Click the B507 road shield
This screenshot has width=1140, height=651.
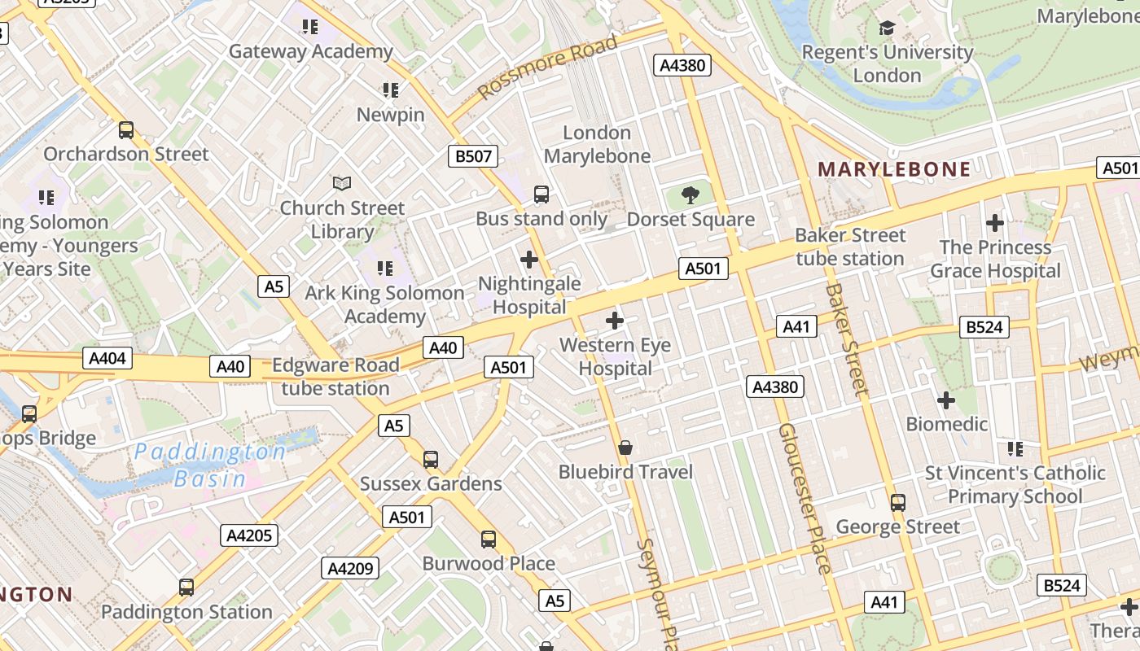click(x=473, y=156)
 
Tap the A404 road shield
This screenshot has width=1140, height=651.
click(x=107, y=358)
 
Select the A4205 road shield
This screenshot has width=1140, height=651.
click(x=249, y=535)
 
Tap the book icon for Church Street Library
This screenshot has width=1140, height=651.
click(x=342, y=184)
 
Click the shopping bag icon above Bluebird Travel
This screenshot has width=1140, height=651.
click(x=625, y=448)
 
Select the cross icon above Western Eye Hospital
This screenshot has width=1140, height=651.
click(x=615, y=321)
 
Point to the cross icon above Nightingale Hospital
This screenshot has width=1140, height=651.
click(x=529, y=260)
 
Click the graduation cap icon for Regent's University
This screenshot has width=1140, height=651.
click(x=887, y=28)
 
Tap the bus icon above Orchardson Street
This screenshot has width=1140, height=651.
click(x=126, y=130)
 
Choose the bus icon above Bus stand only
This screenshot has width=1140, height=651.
click(x=541, y=194)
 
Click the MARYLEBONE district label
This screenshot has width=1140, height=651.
click(x=894, y=169)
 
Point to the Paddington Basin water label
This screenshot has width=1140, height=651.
click(x=210, y=465)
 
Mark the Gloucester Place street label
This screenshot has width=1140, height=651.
click(x=804, y=498)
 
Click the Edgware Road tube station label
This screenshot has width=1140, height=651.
click(x=335, y=377)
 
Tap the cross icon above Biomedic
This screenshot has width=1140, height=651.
click(x=945, y=400)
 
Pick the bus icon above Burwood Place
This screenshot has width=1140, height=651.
click(x=489, y=540)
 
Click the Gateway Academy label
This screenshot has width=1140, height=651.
click(x=310, y=51)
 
